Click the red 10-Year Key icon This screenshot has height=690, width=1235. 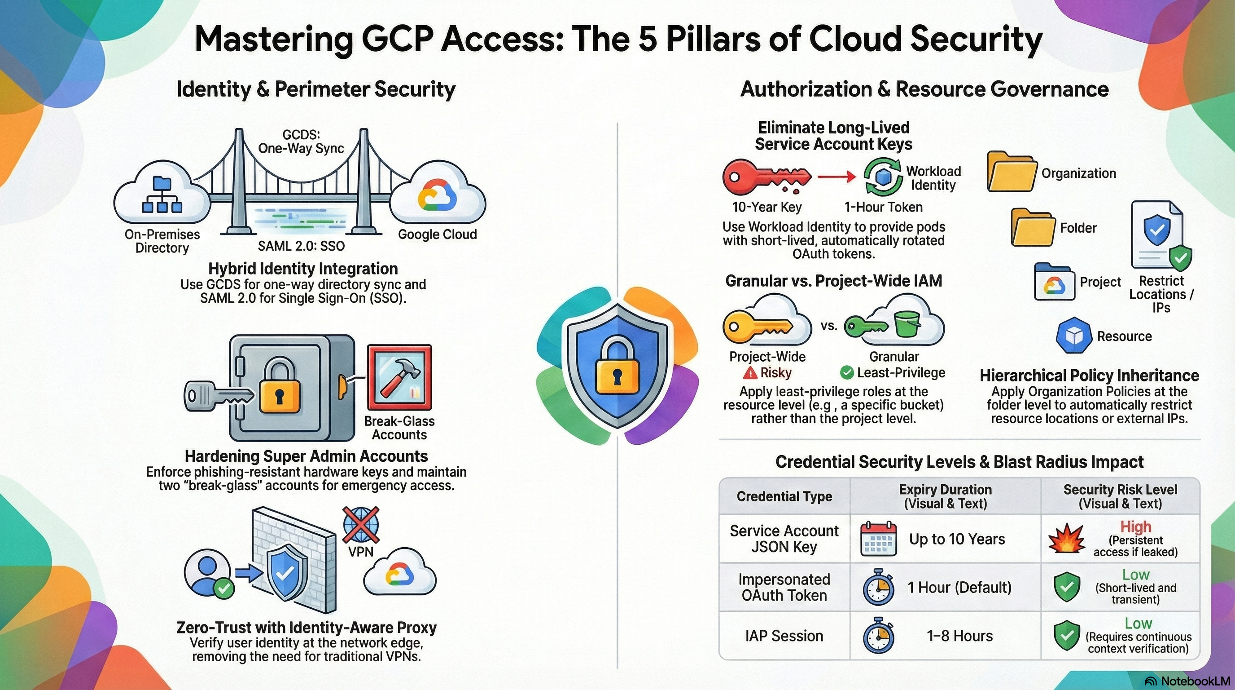(x=766, y=177)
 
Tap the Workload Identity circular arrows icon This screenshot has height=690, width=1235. (x=883, y=177)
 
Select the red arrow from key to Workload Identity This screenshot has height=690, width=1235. (x=836, y=177)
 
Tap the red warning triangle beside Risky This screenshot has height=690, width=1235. (x=750, y=372)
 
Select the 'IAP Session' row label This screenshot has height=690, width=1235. (x=784, y=636)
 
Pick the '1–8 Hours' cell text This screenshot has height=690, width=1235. (x=960, y=636)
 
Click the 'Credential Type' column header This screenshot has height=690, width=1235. (x=784, y=496)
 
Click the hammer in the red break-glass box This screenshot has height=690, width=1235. (x=399, y=377)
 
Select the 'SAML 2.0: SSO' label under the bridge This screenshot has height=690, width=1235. (x=301, y=246)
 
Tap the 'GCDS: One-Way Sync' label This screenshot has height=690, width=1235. (x=301, y=141)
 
